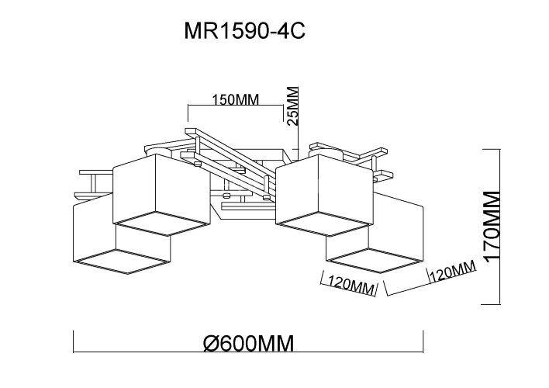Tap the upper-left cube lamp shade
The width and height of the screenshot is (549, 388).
pyautogui.click(x=161, y=194)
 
